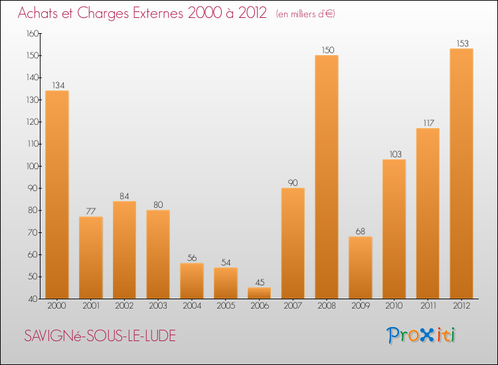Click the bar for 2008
327,177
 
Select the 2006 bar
259,293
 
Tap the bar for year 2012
461,173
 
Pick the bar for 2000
57,194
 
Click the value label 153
461,44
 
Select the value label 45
259,283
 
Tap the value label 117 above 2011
428,123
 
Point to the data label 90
293,183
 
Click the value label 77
91,212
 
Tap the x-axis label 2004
192,307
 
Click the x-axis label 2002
124,307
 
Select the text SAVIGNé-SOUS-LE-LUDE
100,336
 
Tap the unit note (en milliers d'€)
305,14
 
